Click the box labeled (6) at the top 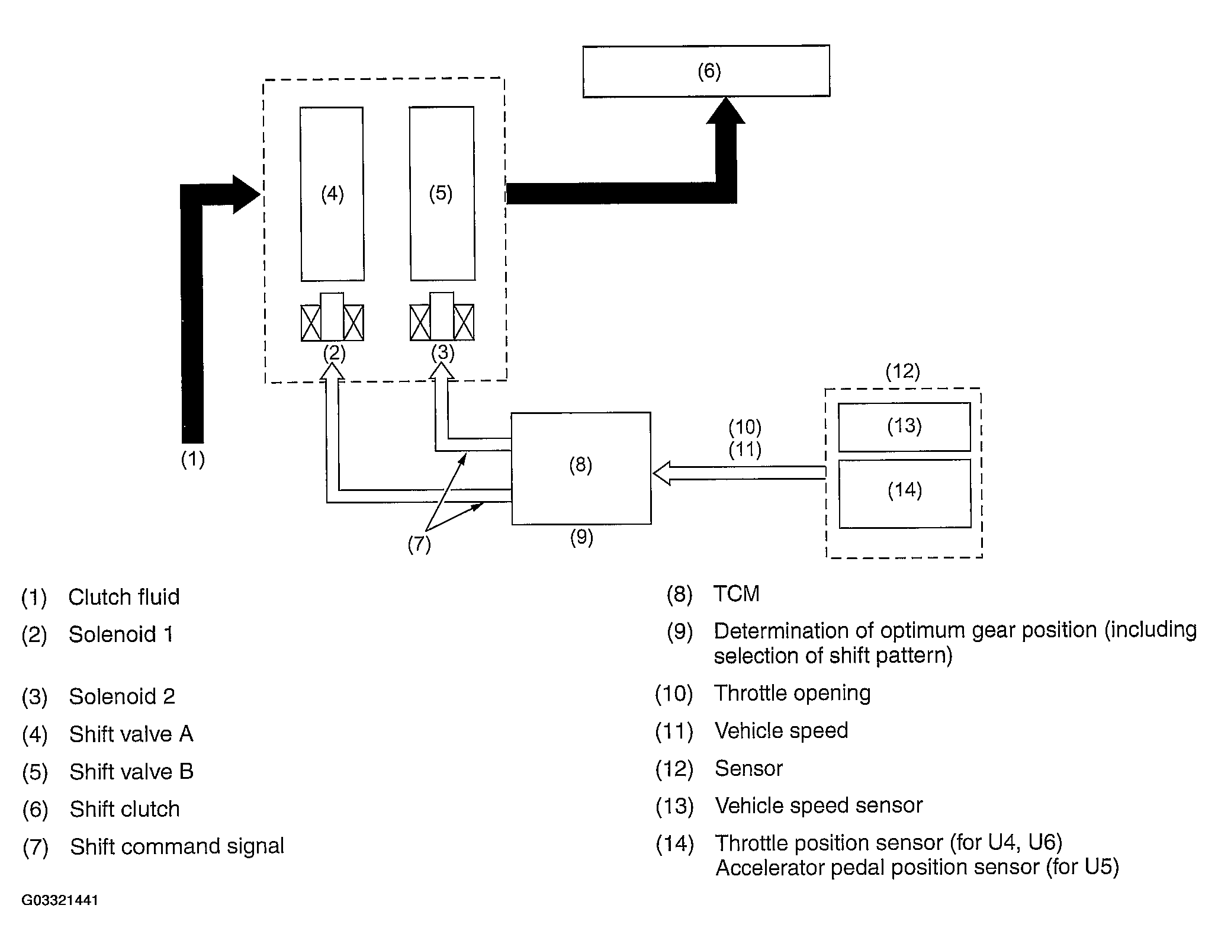pos(706,71)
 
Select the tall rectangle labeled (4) pos(332,194)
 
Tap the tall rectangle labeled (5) pos(442,193)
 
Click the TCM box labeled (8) pos(581,468)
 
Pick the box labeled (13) pos(904,426)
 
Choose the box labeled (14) pos(905,493)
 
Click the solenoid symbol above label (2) pos(332,317)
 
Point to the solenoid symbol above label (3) pos(442,316)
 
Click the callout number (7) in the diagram pos(419,544)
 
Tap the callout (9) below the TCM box pos(581,537)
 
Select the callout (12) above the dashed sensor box pos(903,372)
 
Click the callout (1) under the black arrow pos(192,459)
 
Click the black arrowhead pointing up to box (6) pos(726,111)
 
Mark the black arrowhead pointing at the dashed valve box pos(246,194)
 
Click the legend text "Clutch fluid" pos(124,597)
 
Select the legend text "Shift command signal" pos(177,846)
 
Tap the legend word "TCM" pos(736,593)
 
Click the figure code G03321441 pos(60,901)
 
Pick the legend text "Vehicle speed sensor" pos(819,805)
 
